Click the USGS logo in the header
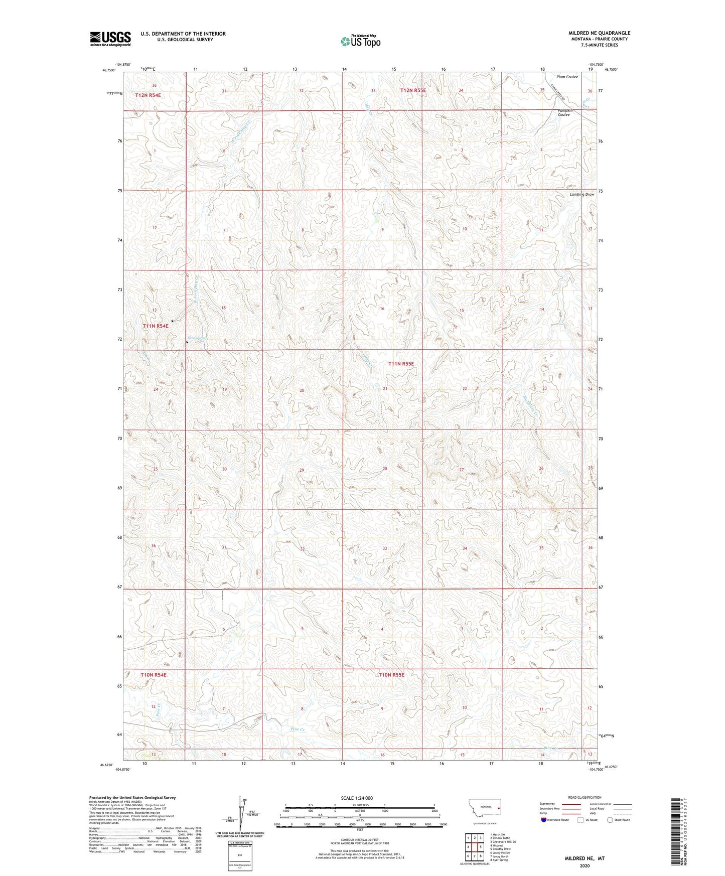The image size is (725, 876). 110,39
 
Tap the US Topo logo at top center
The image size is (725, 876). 360,41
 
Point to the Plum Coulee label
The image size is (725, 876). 567,77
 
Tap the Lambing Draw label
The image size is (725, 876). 582,194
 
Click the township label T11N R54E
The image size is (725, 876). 155,326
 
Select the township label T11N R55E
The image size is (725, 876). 401,364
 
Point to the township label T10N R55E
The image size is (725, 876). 391,675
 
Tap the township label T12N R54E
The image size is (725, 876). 148,95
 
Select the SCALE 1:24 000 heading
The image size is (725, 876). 357,798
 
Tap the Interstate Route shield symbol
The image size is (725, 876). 544,820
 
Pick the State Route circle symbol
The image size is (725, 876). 610,820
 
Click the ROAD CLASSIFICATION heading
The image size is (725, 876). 584,797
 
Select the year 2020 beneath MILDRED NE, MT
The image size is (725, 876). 584,865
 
